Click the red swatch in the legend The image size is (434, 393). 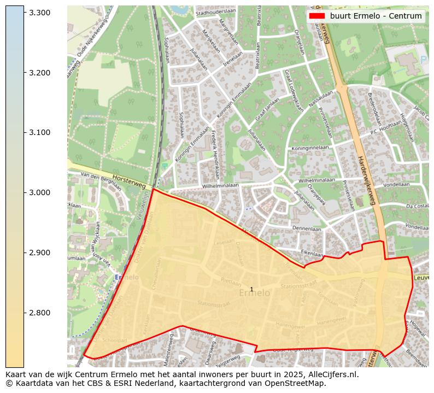pyautogui.click(x=317, y=16)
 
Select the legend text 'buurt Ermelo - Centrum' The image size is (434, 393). pyautogui.click(x=376, y=16)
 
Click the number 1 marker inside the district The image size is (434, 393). pyautogui.click(x=251, y=289)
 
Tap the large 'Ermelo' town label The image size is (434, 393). pyautogui.click(x=254, y=294)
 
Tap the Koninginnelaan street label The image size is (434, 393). pyautogui.click(x=310, y=148)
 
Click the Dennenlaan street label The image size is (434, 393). pyautogui.click(x=307, y=229)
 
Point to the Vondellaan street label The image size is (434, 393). pyautogui.click(x=396, y=185)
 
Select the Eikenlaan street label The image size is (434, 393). pyautogui.click(x=312, y=253)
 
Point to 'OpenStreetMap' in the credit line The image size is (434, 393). pyautogui.click(x=298, y=383)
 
